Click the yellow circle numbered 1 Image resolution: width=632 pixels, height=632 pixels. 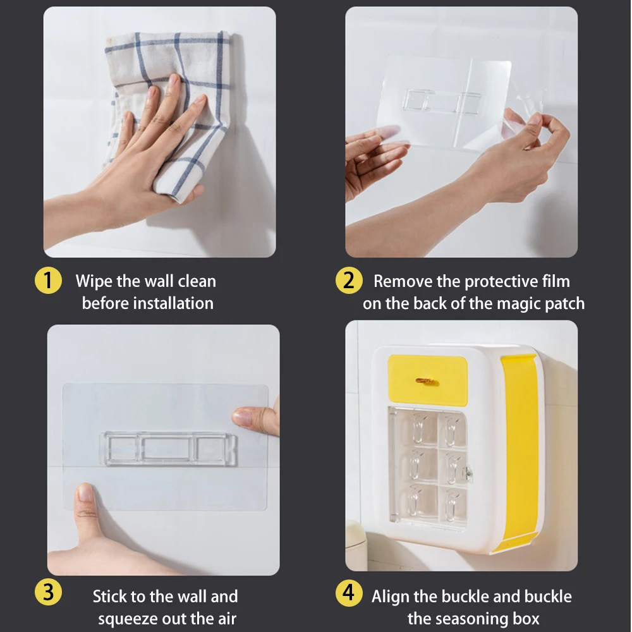coord(48,281)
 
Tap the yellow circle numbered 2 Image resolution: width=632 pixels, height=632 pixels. coord(348,281)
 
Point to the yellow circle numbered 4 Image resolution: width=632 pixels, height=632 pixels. coord(348,593)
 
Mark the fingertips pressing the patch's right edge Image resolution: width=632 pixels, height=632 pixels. coord(253,418)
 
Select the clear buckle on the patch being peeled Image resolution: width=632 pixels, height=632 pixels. coord(442,101)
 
